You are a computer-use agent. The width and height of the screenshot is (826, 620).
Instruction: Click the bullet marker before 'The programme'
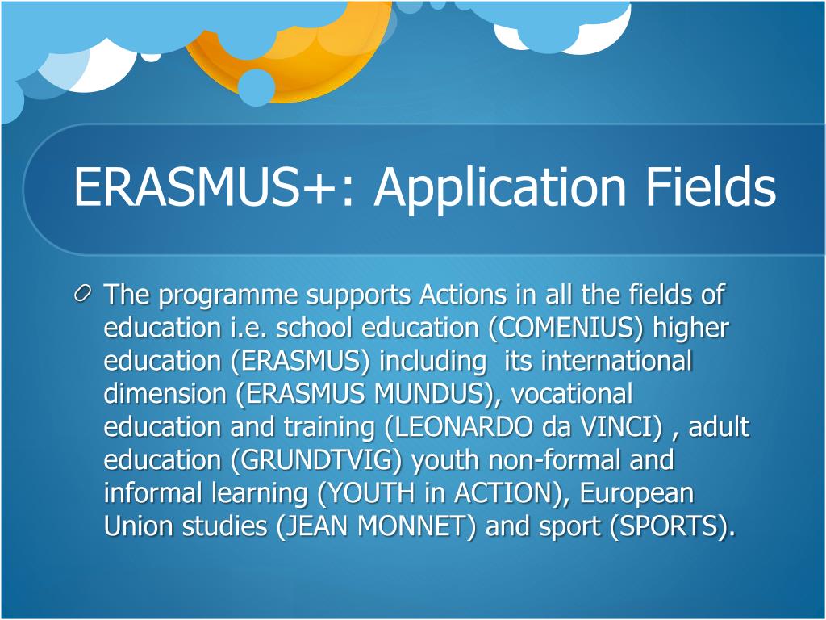tap(83, 295)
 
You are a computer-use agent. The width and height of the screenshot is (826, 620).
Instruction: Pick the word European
tap(637, 493)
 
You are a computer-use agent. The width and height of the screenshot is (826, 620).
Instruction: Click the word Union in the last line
tap(131, 526)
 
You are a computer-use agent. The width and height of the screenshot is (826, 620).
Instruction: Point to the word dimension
tap(166, 394)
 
